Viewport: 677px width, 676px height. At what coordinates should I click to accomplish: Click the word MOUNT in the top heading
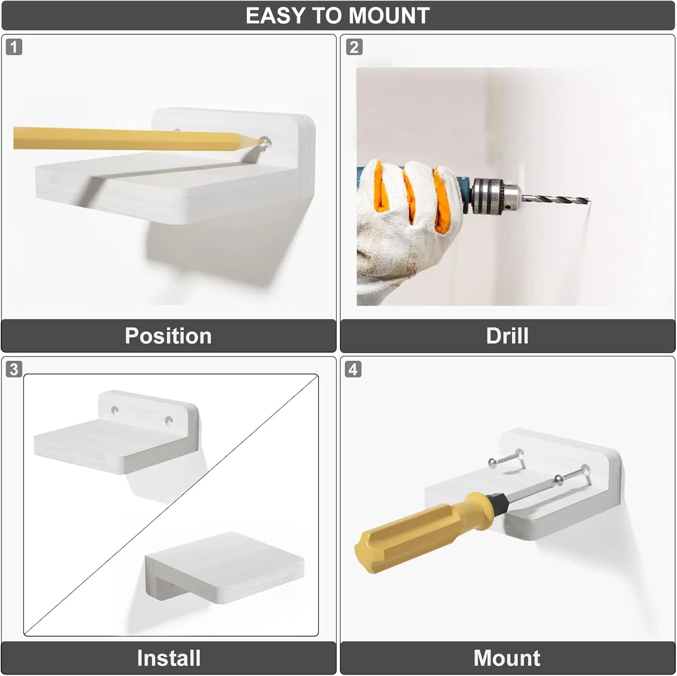(389, 16)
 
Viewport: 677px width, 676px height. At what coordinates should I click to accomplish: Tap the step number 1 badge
(14, 47)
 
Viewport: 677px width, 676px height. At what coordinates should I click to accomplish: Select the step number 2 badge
(354, 47)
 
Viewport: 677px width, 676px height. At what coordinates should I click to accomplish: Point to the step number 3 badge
(14, 369)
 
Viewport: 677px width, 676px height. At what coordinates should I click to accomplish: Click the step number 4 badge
(353, 369)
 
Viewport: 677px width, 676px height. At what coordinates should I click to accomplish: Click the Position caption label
(168, 336)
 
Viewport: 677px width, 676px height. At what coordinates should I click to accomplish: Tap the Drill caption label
(507, 336)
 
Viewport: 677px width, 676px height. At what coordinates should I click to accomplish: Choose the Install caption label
(169, 658)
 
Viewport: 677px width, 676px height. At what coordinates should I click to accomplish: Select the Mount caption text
(507, 658)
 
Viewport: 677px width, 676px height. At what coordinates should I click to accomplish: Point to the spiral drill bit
(555, 199)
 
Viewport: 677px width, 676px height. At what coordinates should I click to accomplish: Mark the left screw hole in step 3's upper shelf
(115, 410)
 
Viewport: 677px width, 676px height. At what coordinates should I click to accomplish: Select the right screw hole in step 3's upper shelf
(169, 421)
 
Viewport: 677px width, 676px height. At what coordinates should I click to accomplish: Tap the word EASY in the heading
(275, 16)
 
